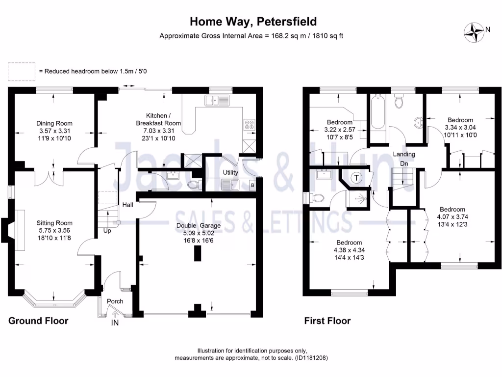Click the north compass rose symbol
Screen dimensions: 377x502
pyautogui.click(x=474, y=31)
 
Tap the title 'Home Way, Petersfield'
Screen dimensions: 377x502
pyautogui.click(x=253, y=22)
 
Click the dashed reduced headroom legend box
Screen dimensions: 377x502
pyautogui.click(x=21, y=71)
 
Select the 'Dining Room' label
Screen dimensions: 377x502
pyautogui.click(x=54, y=124)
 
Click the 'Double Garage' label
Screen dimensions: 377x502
pyautogui.click(x=199, y=225)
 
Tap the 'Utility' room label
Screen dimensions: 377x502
pyautogui.click(x=230, y=173)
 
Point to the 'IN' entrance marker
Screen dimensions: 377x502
pyautogui.click(x=115, y=323)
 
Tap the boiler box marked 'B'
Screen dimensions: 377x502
pyautogui.click(x=252, y=186)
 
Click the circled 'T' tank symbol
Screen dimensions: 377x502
pyautogui.click(x=356, y=178)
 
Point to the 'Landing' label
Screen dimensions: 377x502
pyautogui.click(x=404, y=154)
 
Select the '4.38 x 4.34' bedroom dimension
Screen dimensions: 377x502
pyautogui.click(x=349, y=250)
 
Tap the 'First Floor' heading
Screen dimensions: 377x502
pyautogui.click(x=327, y=321)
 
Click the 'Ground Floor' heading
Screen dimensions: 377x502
pyautogui.click(x=38, y=321)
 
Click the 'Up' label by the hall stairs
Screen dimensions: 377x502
pyautogui.click(x=107, y=230)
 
